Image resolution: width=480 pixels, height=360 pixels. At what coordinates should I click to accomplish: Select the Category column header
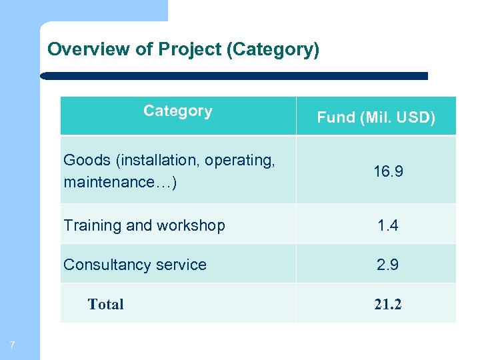click(x=178, y=111)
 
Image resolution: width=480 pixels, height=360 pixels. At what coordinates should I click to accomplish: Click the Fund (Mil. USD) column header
click(x=376, y=118)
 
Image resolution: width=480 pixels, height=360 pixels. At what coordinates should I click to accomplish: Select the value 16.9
click(x=387, y=172)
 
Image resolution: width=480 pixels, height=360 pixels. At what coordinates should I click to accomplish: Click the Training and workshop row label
click(x=144, y=226)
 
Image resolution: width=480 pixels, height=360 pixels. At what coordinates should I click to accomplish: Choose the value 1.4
click(x=387, y=226)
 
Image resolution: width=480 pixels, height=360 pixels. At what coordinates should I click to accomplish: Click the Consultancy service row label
click(x=135, y=265)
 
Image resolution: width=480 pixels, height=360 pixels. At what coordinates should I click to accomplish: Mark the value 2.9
click(x=387, y=265)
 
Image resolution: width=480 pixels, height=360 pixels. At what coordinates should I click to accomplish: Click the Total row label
click(x=105, y=305)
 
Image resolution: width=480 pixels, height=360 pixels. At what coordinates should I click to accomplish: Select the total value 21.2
click(x=387, y=305)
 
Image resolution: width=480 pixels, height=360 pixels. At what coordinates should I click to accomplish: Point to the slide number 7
click(x=12, y=345)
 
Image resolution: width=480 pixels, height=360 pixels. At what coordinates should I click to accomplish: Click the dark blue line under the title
click(x=233, y=76)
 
